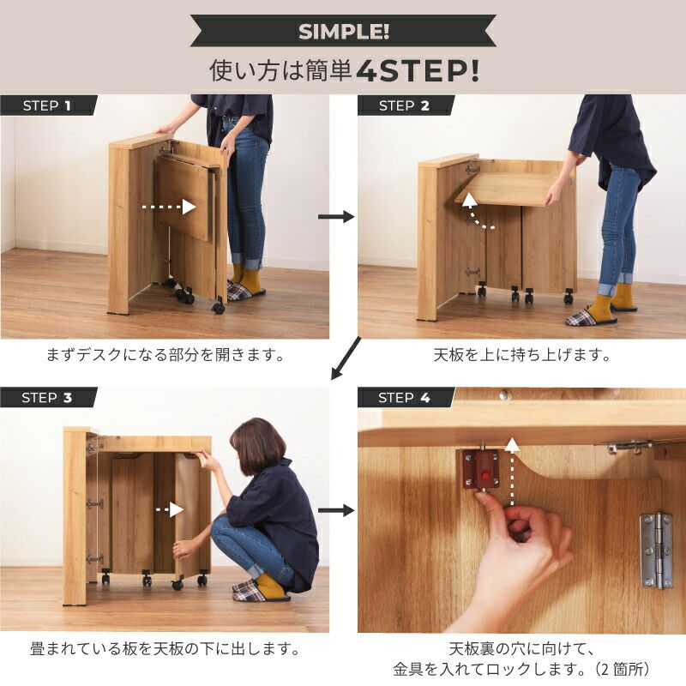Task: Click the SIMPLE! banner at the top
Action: [x=344, y=31]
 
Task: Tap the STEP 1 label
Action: [x=47, y=105]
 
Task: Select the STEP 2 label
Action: [x=404, y=105]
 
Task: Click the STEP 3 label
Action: [x=47, y=398]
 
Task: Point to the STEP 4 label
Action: [x=404, y=398]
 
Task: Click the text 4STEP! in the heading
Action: [x=418, y=71]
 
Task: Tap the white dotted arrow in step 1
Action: [x=169, y=207]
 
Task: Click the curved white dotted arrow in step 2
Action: [x=476, y=212]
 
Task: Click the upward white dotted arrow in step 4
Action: [x=512, y=472]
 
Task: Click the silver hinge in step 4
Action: [x=656, y=551]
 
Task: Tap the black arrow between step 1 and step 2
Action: [x=336, y=217]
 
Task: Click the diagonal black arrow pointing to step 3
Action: [x=346, y=358]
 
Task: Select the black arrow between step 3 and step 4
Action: [x=336, y=510]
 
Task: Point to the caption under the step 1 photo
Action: [x=165, y=354]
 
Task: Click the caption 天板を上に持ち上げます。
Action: [x=522, y=355]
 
